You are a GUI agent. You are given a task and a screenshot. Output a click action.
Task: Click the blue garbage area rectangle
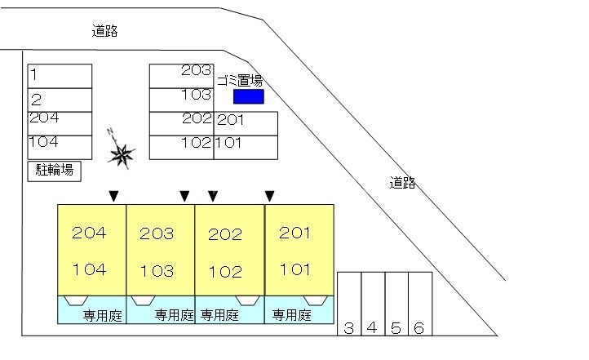(x=249, y=96)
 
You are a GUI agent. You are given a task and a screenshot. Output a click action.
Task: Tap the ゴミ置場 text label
(x=240, y=81)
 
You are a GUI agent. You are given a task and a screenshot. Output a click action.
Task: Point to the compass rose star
(x=122, y=154)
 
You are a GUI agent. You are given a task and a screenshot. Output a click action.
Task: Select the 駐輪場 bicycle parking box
(x=55, y=171)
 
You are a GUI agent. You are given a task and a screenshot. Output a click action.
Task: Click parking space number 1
(x=60, y=76)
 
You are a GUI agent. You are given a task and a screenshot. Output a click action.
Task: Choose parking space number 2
(x=60, y=100)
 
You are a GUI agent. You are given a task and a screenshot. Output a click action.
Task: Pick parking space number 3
(x=349, y=304)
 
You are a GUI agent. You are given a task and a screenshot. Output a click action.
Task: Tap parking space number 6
(x=420, y=304)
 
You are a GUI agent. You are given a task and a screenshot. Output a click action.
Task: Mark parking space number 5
(x=396, y=304)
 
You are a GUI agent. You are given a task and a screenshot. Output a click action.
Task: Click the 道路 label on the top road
(x=104, y=31)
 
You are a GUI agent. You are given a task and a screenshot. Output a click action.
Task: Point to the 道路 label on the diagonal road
(x=402, y=183)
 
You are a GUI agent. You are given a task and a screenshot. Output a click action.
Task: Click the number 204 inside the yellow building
(x=89, y=233)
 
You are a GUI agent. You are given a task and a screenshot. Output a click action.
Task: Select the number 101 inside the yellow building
(x=294, y=269)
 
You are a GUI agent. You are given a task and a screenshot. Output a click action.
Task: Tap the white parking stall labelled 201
(x=246, y=123)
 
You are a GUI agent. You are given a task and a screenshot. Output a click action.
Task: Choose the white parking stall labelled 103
(x=181, y=100)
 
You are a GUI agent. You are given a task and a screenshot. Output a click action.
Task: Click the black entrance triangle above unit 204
(x=114, y=196)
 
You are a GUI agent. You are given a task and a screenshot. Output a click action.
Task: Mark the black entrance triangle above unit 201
(x=270, y=196)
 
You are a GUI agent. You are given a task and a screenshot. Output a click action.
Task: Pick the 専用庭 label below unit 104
(x=103, y=315)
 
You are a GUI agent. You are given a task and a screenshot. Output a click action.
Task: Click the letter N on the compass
(x=110, y=131)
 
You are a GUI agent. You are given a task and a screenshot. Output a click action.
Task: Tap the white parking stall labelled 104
(x=60, y=147)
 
